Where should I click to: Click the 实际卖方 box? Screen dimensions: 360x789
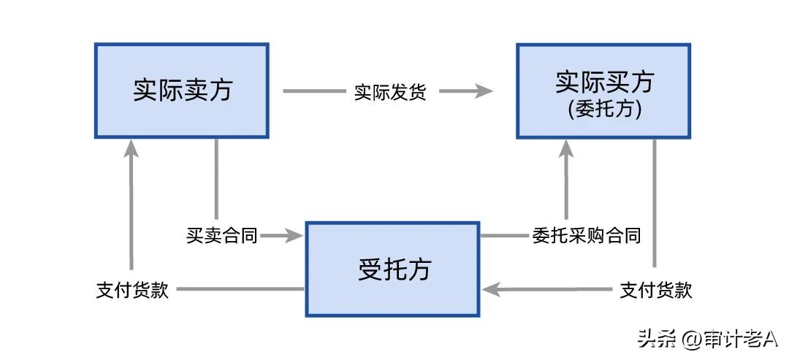coord(181,91)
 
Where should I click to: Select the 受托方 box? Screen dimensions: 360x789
coord(392,269)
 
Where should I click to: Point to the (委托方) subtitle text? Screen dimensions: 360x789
coord(603,110)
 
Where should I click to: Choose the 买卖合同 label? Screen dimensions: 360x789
coord(221,235)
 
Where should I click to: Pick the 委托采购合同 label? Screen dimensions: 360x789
coord(587,235)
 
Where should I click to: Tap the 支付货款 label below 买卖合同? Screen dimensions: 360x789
coord(132,289)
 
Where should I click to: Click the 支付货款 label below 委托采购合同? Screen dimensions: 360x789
coord(655,290)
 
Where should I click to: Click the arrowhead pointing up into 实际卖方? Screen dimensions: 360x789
coord(131,149)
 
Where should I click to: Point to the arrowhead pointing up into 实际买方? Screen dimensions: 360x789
coord(567,150)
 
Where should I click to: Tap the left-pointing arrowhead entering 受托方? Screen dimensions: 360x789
coord(489,290)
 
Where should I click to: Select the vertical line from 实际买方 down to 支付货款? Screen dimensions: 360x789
coord(654,201)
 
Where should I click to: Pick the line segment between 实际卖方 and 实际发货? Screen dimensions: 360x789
coord(312,92)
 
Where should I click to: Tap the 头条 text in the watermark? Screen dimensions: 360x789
coord(655,338)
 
